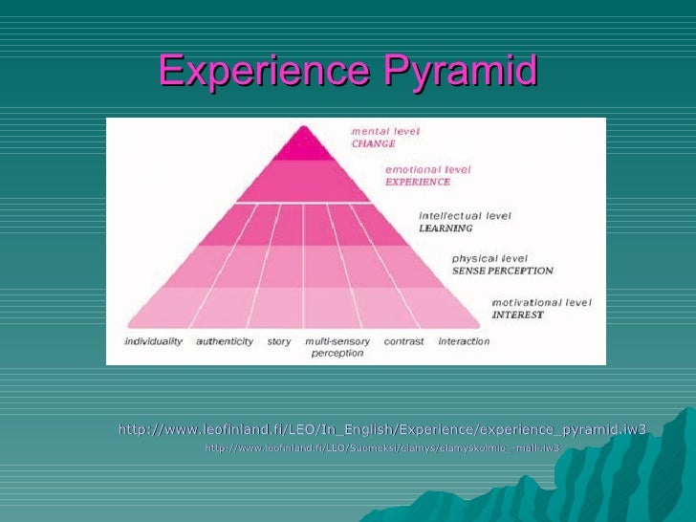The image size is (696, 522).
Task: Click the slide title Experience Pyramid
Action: coord(348,70)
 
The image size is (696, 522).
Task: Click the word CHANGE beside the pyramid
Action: coord(373,143)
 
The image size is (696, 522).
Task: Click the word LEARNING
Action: coord(446,228)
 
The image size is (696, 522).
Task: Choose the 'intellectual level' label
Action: coord(465,216)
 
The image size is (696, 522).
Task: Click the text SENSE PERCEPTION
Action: coord(502,272)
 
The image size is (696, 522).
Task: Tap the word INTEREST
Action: coord(517,315)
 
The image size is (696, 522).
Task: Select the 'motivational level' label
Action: coord(541,302)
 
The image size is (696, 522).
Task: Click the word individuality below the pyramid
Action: coord(153,341)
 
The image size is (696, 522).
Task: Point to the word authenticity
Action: coord(225,341)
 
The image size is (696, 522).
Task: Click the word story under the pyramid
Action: coord(279,341)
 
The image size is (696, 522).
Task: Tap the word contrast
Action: coord(403,341)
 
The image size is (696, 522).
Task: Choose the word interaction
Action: coord(464,341)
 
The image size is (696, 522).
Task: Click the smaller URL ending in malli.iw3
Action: coord(382,447)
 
